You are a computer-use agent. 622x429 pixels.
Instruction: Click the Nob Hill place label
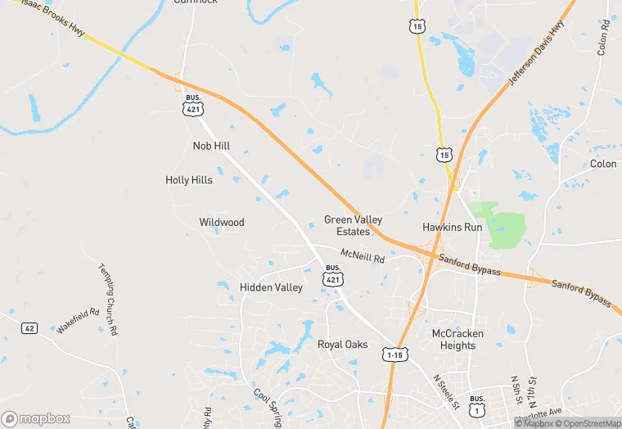211,146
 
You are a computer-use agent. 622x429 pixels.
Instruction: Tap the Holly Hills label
189,180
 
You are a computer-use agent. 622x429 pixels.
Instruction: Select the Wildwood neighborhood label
222,223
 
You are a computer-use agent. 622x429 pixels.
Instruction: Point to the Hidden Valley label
271,287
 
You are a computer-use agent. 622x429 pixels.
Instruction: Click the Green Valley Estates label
353,225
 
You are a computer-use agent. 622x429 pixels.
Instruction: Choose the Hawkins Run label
452,227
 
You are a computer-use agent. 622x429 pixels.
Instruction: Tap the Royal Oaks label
342,345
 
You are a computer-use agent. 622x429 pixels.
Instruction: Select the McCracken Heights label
457,339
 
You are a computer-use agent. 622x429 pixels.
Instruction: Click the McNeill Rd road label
363,256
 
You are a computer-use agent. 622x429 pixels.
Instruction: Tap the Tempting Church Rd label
109,298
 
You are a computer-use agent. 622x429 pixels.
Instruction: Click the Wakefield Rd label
79,319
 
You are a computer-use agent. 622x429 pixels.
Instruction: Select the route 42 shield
29,328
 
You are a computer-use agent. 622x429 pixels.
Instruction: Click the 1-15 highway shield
394,354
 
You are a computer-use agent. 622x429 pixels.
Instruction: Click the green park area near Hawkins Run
507,224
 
